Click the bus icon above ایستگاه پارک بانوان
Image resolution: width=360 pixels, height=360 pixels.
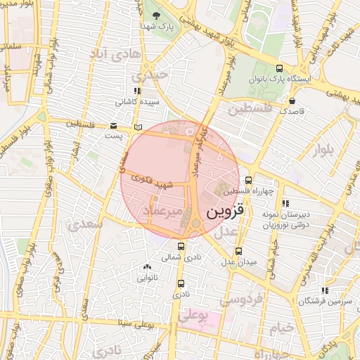[280, 69]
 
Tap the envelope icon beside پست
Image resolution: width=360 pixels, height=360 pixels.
[114, 126]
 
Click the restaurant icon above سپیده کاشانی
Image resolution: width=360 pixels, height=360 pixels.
[137, 91]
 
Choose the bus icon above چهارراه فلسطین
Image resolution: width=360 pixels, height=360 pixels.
[249, 180]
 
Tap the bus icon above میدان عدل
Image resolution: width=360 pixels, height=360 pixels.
[238, 250]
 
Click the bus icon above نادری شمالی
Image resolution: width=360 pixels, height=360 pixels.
[181, 246]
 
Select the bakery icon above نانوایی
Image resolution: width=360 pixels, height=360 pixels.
[147, 266]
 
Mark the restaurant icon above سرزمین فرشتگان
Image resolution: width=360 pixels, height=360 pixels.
[324, 290]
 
